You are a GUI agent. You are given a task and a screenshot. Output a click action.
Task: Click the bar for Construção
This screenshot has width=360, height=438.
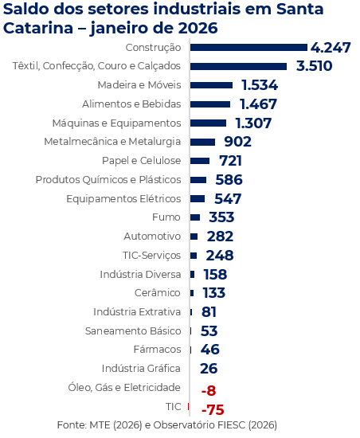point(248,48)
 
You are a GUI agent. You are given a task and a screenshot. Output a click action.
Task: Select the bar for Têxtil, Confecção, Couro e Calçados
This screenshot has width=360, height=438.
point(237,66)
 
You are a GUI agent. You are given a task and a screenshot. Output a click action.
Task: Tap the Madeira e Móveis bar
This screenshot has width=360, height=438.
point(210,85)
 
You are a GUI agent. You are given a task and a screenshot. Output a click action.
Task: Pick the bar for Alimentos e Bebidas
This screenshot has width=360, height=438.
point(209,104)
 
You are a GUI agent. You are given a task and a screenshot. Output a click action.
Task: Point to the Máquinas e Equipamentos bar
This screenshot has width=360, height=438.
point(207,123)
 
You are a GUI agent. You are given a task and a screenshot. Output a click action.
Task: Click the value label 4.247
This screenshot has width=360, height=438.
point(331,48)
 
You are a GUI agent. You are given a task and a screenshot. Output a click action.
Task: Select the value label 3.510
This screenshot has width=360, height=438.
point(314,66)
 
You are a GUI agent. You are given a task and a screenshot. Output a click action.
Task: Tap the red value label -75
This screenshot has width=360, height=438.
point(213,410)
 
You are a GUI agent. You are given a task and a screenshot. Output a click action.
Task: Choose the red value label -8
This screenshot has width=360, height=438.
point(209,391)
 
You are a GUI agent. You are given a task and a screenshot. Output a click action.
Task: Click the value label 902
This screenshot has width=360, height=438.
point(237,142)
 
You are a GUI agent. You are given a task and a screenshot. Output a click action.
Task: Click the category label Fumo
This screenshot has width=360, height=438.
point(166,217)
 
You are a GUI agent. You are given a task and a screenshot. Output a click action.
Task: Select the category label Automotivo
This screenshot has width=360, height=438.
point(152,237)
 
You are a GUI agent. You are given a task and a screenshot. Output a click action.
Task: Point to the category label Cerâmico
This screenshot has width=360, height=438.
point(158,293)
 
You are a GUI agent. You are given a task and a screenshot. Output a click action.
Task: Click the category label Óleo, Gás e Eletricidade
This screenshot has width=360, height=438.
point(124,388)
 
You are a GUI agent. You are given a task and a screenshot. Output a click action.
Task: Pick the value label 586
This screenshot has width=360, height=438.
point(228,180)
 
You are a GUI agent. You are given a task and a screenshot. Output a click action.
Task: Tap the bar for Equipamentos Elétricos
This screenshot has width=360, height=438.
point(197,198)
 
